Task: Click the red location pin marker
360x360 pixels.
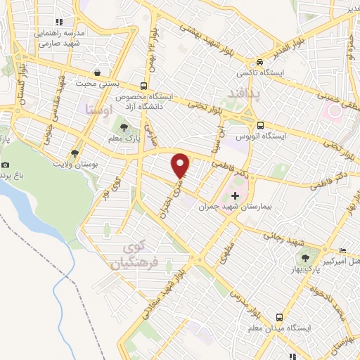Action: pos(181,165)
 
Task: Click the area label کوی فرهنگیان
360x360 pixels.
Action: pos(132,257)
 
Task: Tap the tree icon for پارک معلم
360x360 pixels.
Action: pos(124,127)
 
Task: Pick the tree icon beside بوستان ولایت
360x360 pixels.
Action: pos(75,152)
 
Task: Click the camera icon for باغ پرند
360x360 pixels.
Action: pos(5,165)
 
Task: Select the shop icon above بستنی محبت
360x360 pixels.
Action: pos(96,72)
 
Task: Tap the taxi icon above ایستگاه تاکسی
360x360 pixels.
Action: pos(259,61)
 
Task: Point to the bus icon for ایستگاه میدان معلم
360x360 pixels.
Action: pos(279,317)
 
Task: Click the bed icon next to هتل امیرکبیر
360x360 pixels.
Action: pos(342,252)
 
